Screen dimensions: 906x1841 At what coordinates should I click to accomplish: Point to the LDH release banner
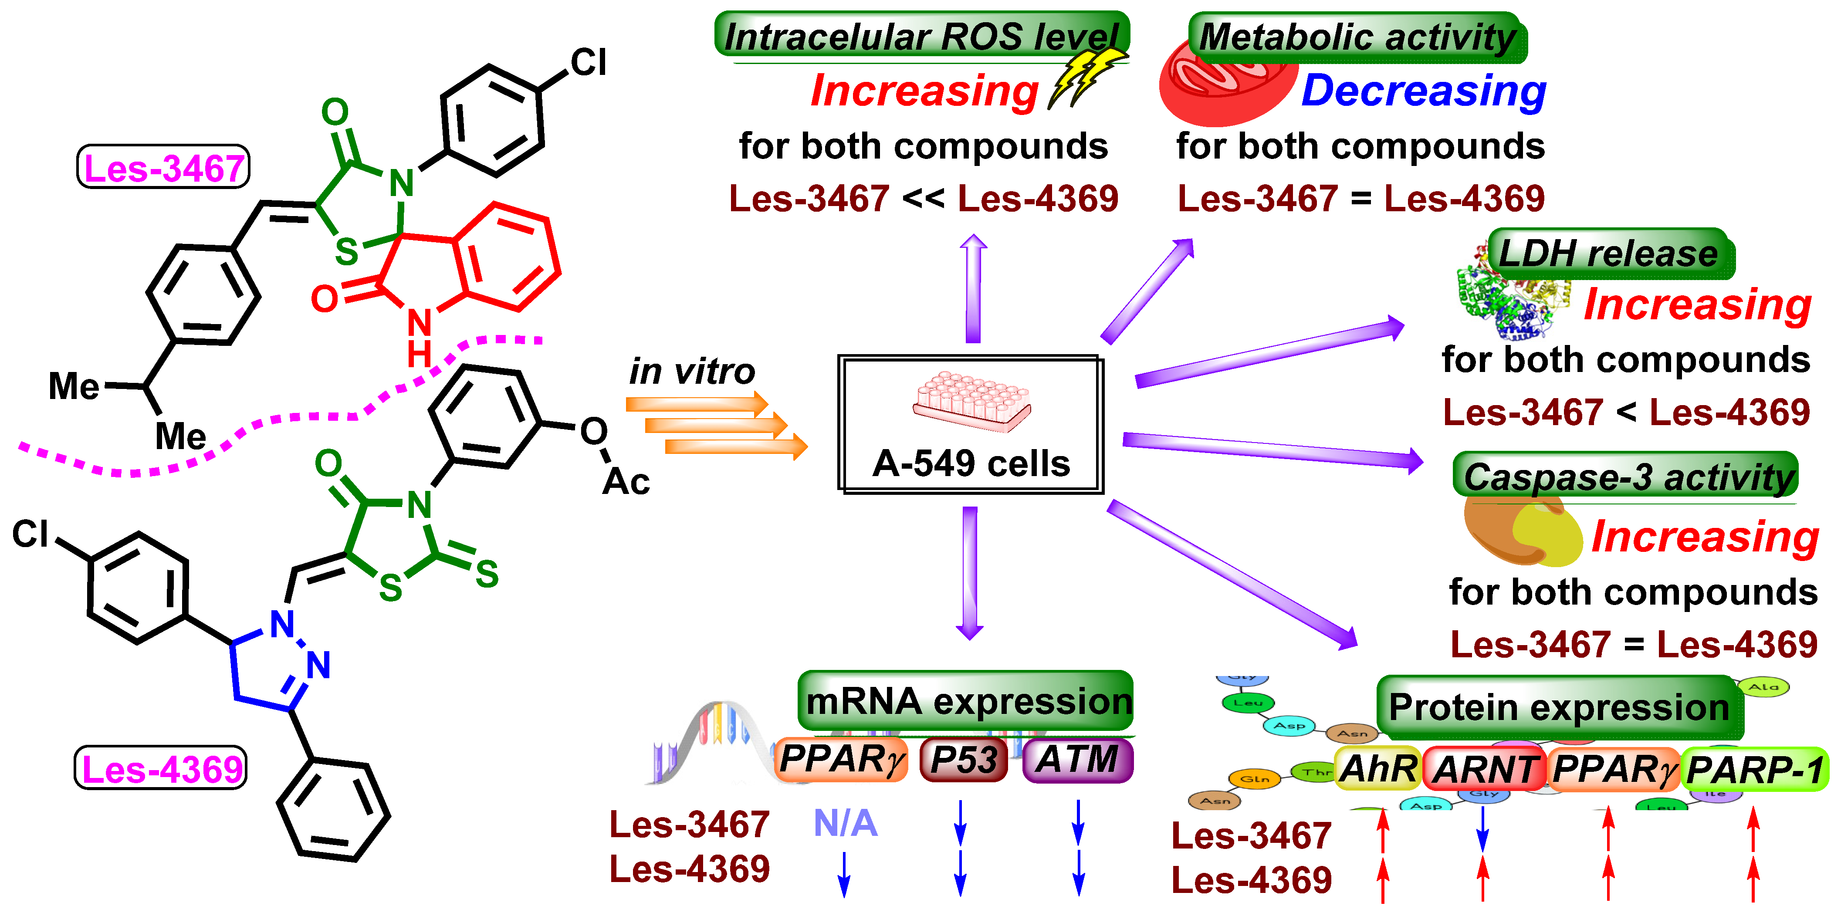[1607, 253]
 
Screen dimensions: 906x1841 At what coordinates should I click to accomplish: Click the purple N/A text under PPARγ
[845, 823]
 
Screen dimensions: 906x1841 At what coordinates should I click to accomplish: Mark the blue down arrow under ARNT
[1483, 829]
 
